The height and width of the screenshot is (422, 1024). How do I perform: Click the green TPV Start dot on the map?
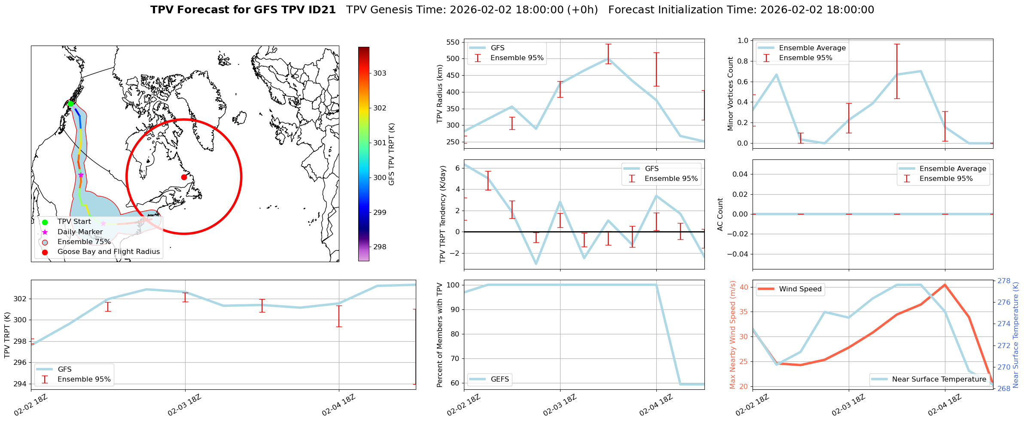click(x=70, y=104)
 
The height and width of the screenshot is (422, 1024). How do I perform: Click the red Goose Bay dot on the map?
click(x=184, y=177)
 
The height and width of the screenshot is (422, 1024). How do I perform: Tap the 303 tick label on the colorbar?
click(x=380, y=73)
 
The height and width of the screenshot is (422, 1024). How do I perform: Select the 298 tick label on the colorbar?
click(x=380, y=247)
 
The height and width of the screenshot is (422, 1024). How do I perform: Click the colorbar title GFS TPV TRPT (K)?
click(x=392, y=154)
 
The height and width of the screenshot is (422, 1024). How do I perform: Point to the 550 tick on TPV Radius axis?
click(x=453, y=42)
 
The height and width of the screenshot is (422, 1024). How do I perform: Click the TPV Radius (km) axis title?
click(x=439, y=94)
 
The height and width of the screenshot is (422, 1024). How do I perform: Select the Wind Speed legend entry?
click(x=800, y=289)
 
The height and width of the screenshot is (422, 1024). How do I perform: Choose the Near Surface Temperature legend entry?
click(x=939, y=379)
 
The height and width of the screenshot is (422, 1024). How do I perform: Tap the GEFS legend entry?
click(x=500, y=379)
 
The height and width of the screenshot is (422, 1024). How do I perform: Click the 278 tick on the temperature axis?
click(x=1003, y=281)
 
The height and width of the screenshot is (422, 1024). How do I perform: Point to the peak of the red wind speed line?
click(x=945, y=284)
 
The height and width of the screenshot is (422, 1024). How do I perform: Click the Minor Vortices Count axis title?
click(x=731, y=94)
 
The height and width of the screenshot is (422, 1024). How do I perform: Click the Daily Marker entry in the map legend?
click(x=80, y=232)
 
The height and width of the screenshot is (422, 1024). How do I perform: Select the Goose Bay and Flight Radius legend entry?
click(x=108, y=252)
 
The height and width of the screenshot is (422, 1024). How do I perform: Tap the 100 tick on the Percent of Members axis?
click(x=453, y=285)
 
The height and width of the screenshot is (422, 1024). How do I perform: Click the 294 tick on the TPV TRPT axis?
click(x=20, y=384)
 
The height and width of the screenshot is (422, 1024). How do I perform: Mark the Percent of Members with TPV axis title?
click(x=439, y=335)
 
